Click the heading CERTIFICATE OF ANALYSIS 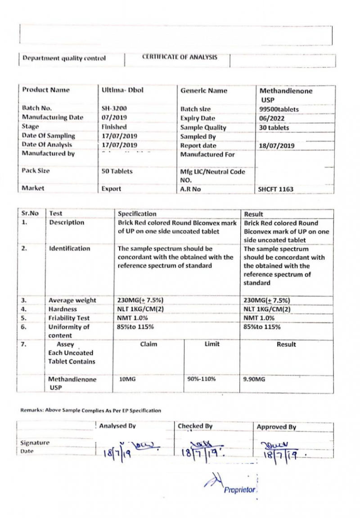[180, 57]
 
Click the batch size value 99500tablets [279, 109]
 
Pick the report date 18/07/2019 [277, 145]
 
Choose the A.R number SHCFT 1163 [275, 189]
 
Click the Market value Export [111, 189]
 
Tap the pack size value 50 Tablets [117, 171]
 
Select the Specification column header [137, 214]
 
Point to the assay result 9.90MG [254, 379]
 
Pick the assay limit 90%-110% [201, 379]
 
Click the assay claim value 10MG [127, 379]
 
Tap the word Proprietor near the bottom [239, 490]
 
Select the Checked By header [195, 426]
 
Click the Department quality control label [64, 58]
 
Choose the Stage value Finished [114, 127]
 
